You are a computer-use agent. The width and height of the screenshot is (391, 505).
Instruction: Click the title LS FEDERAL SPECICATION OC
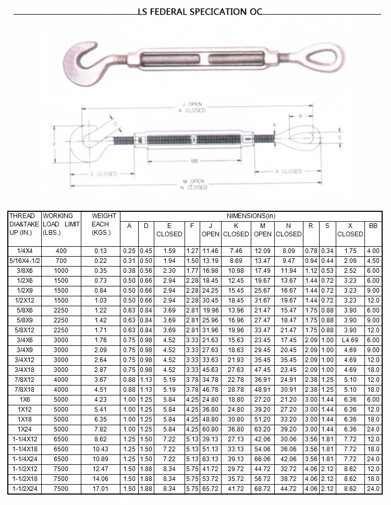(200, 12)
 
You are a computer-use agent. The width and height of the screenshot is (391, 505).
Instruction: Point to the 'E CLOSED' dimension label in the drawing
(104, 174)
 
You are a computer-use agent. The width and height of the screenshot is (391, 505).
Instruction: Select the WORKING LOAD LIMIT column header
(61, 224)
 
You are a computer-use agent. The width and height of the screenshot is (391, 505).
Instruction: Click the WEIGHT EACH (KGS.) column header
(101, 224)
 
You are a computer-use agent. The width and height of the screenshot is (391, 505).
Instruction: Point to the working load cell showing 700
(62, 260)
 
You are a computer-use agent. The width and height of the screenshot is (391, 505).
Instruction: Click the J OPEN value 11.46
(210, 251)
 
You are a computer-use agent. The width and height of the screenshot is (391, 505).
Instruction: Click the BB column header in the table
(373, 226)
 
